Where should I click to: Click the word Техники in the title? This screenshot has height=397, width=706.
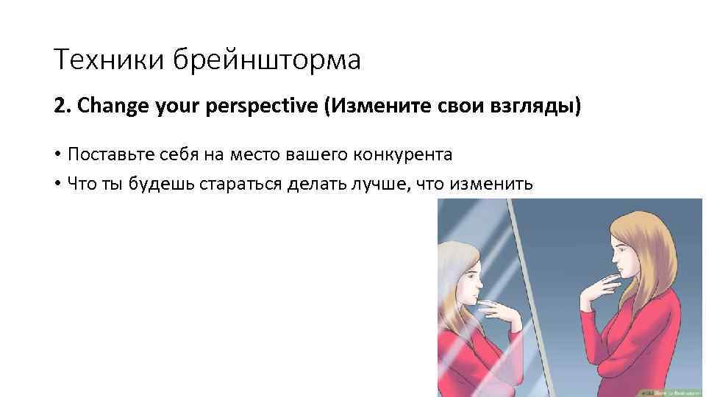[109, 60]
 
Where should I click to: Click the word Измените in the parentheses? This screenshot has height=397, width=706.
[379, 108]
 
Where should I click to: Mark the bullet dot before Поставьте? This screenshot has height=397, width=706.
[57, 156]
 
